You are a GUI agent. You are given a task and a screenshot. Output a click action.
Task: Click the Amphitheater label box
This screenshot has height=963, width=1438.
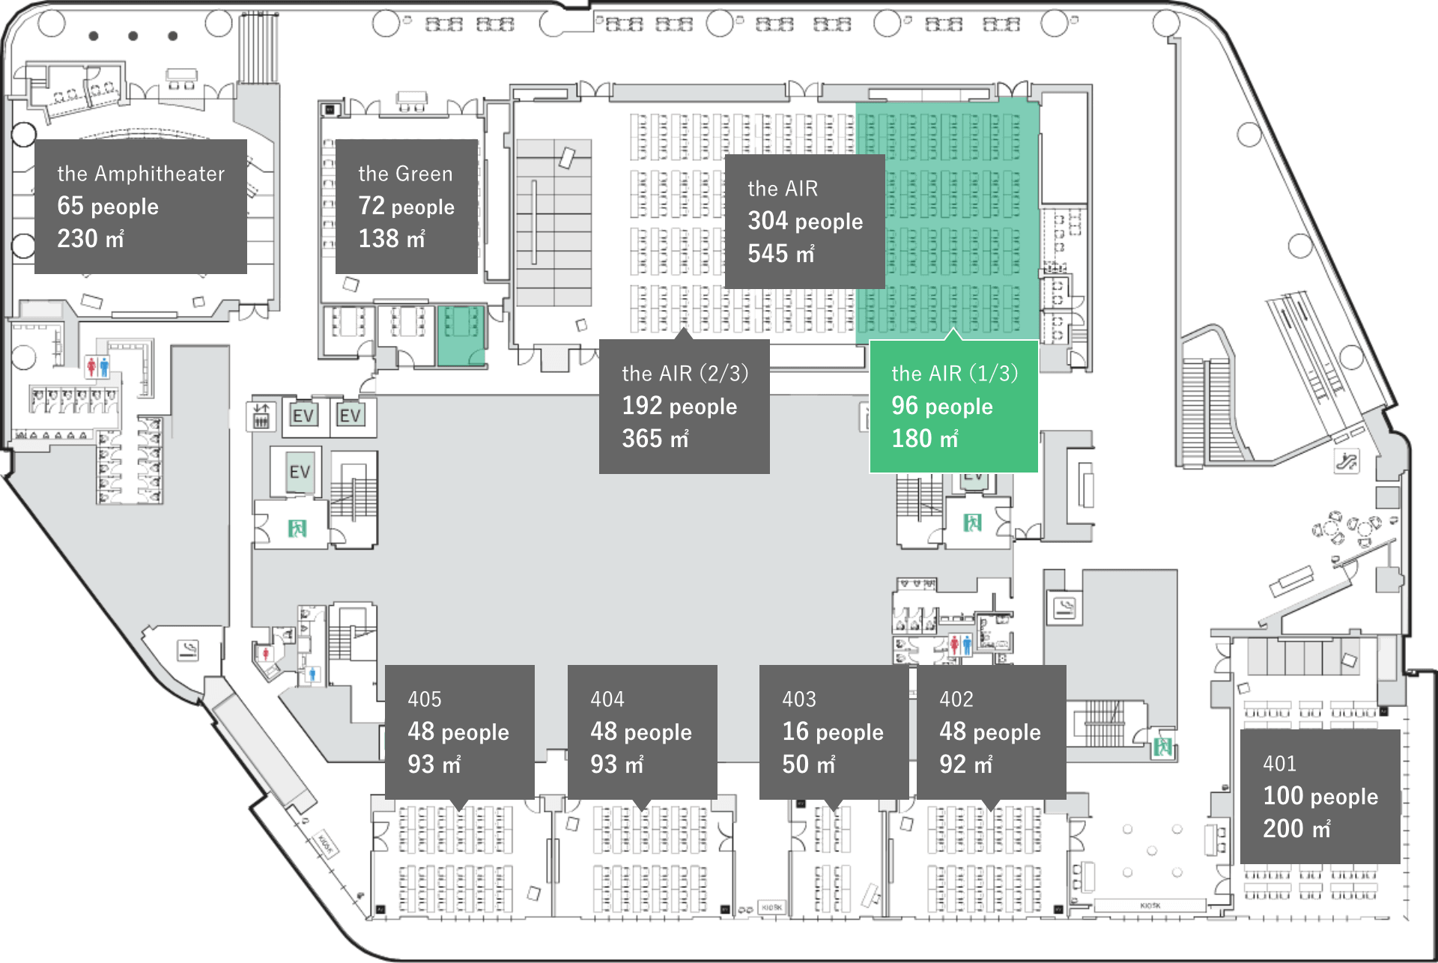[x=141, y=206]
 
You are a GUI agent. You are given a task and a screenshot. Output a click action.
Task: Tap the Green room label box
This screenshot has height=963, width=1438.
[x=406, y=206]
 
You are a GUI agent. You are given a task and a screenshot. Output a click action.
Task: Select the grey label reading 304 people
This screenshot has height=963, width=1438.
[x=804, y=221]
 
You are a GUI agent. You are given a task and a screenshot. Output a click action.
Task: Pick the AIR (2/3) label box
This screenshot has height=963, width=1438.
[x=684, y=406]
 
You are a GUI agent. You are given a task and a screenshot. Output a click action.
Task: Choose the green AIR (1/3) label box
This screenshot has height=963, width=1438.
[x=953, y=406]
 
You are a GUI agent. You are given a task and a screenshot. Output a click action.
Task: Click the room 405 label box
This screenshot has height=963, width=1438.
[x=459, y=731]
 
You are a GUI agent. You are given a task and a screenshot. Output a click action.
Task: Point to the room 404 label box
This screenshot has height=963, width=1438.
[x=642, y=731]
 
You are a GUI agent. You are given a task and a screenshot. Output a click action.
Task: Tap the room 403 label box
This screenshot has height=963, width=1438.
[x=834, y=731]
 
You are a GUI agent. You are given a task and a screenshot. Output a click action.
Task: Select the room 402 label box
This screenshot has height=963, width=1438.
[x=991, y=731]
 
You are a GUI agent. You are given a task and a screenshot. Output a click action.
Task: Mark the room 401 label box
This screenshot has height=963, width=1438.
[x=1320, y=796]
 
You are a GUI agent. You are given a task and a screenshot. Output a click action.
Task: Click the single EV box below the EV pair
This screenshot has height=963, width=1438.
[x=300, y=472]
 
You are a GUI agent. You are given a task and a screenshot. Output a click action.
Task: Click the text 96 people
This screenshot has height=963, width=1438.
[x=941, y=406]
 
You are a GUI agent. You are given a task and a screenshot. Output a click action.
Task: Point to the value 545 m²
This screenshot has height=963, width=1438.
[x=780, y=254]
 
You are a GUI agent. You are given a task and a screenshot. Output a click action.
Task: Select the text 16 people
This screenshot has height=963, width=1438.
[x=833, y=732]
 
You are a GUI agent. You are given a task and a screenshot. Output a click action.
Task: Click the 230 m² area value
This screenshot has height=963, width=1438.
[x=91, y=239]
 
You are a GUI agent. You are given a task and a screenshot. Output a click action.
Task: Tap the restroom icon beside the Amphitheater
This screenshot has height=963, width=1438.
[x=97, y=367]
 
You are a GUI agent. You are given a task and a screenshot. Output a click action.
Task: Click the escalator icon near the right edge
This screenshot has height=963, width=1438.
[x=1346, y=461]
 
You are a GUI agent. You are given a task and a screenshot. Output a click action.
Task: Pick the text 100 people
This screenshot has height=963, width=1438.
[x=1320, y=796]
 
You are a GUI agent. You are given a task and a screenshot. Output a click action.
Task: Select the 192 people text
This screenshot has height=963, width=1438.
[x=679, y=406]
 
